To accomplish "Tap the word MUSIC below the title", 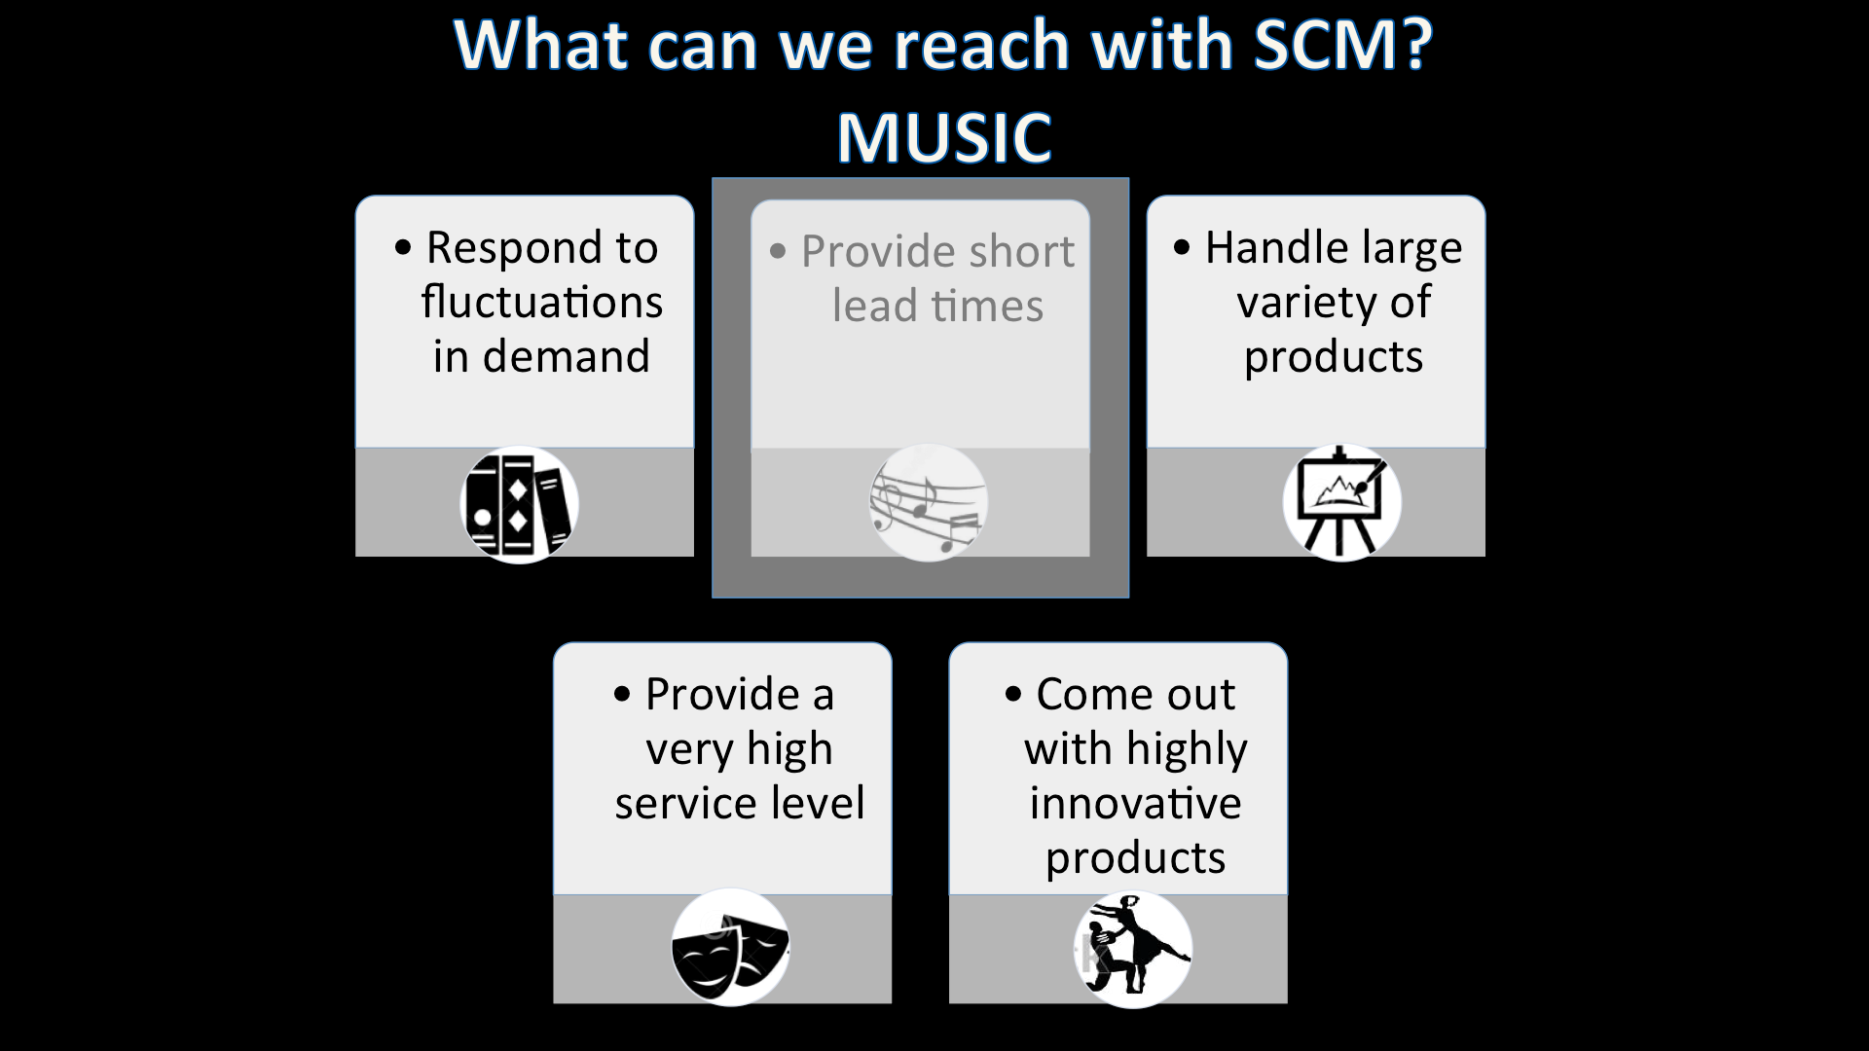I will pos(944,137).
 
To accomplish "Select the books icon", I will pos(519,504).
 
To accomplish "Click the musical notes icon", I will pos(928,503).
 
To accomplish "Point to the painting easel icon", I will pos(1341,502).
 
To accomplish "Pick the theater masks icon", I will pos(730,947).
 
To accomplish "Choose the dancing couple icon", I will pos(1133,949).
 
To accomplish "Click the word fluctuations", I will pos(542,302).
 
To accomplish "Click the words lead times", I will pos(937,307).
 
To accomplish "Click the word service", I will pos(685,804).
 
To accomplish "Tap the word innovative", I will pos(1135,804).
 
